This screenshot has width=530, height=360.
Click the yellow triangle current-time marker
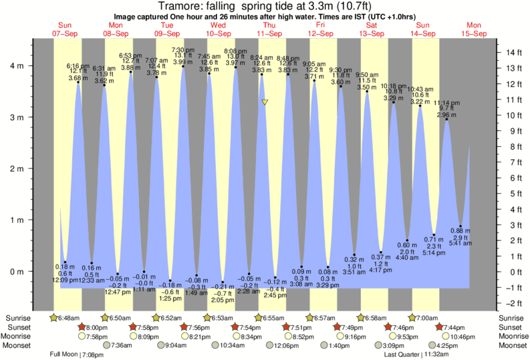click(x=265, y=102)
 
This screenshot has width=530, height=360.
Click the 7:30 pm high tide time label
click(x=183, y=50)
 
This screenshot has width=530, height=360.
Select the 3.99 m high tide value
click(x=183, y=62)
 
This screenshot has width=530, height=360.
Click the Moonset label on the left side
click(x=20, y=345)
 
